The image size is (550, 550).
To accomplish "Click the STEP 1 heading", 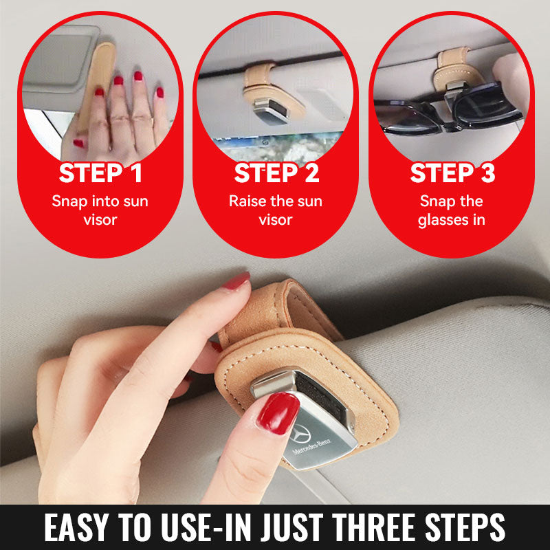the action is click(100, 173).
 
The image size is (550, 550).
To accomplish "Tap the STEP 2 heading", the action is click(277, 173).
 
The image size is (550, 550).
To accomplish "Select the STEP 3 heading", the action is click(452, 173).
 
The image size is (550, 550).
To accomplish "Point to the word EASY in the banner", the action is click(76, 527).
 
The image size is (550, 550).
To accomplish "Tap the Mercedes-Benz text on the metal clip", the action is click(312, 446).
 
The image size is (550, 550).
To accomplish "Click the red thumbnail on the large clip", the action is click(278, 413).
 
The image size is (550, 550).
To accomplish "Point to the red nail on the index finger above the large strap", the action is click(236, 281).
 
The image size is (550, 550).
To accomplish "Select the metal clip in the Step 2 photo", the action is click(271, 111).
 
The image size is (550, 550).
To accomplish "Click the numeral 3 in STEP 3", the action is click(487, 173).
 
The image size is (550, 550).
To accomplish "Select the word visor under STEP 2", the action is click(276, 220).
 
